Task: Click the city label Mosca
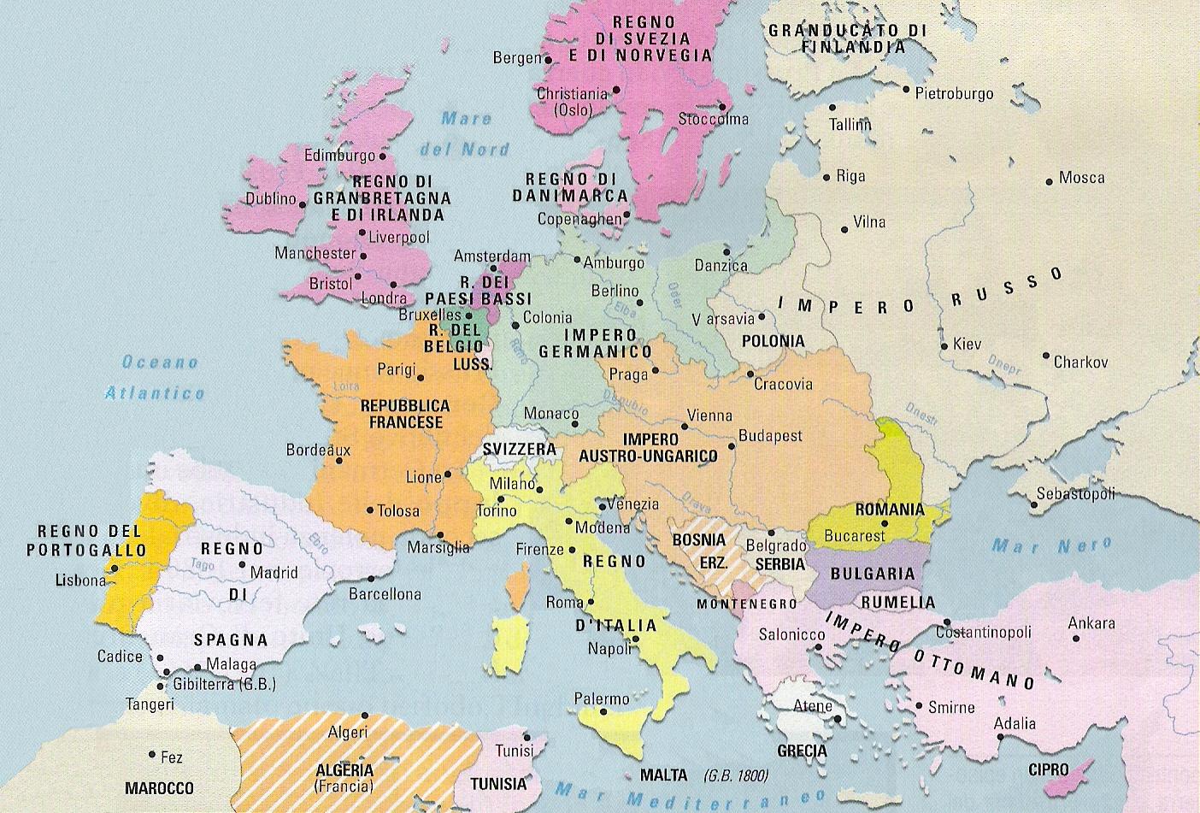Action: (x=1081, y=178)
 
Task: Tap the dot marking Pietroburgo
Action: (x=907, y=88)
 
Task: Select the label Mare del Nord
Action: (x=466, y=134)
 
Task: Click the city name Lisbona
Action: (x=79, y=580)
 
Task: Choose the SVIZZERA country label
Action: (x=519, y=449)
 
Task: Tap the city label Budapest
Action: (x=770, y=436)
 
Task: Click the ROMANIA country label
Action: (x=889, y=510)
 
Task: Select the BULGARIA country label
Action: (x=873, y=573)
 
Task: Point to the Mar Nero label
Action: (x=1051, y=545)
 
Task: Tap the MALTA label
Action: (x=662, y=775)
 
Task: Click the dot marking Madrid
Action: (x=243, y=565)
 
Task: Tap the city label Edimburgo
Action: (x=339, y=156)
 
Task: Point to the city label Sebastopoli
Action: (x=1075, y=494)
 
